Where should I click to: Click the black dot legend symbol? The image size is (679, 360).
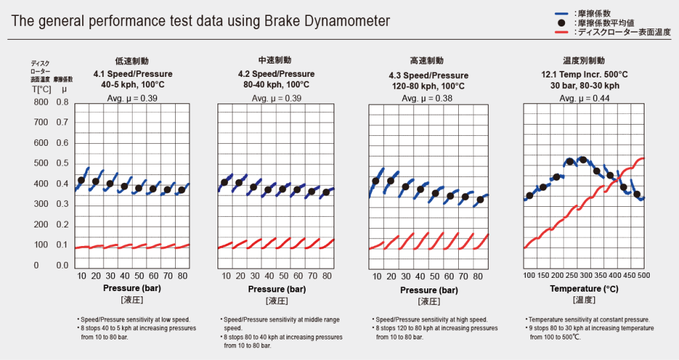point(562,22)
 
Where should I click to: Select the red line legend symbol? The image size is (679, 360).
point(562,31)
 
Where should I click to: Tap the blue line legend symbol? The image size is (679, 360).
point(562,13)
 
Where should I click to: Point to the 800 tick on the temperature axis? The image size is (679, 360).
point(41,103)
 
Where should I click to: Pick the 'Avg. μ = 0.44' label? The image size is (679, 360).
point(584,99)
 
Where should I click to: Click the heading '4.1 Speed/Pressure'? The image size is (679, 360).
point(132,74)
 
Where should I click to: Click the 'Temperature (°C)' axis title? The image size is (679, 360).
point(584,289)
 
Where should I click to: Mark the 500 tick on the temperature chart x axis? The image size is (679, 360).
point(643,275)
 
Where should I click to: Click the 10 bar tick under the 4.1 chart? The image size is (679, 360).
point(82,275)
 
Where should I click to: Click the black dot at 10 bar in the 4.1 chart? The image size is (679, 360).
point(82,180)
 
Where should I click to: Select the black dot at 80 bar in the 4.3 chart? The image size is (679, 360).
point(481,200)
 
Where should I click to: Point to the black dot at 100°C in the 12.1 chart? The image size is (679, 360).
point(529,196)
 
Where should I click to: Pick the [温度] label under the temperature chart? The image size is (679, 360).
point(584,300)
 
